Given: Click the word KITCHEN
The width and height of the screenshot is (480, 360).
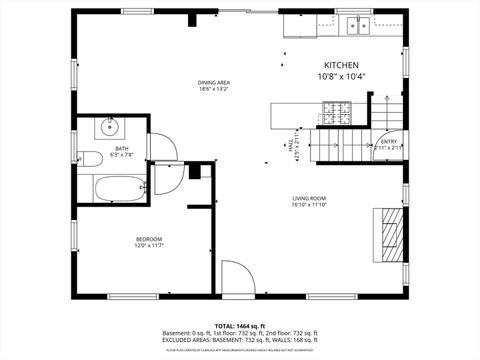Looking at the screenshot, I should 342,65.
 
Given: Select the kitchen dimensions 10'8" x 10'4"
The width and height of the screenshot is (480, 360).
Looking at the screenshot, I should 342,76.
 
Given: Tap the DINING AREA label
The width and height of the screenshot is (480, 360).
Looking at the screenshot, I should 214,82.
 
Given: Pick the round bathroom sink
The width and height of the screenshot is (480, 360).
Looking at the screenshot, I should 111,128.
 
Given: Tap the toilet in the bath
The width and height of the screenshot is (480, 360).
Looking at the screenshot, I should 91,157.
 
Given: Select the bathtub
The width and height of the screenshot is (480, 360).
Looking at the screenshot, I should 111,186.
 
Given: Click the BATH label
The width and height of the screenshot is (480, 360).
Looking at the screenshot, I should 121,148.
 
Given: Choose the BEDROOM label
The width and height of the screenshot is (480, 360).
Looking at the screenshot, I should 149,238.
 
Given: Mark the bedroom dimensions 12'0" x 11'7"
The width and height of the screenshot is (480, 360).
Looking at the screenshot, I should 149,245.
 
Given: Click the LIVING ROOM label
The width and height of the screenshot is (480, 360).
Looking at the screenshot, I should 309,198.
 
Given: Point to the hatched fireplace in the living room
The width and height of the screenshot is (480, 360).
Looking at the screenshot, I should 391,232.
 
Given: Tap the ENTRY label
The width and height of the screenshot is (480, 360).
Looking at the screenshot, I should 389,141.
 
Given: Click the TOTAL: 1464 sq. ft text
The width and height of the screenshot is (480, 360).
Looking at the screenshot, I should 239,326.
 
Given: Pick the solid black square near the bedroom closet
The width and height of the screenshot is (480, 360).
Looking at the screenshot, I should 194,171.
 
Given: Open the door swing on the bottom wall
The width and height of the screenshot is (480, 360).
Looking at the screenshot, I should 236,278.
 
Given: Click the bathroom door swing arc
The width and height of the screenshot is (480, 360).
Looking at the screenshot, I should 165,148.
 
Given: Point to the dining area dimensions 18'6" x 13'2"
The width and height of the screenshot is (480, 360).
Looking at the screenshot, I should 214,89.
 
